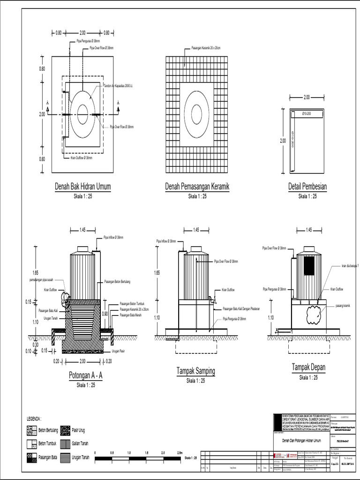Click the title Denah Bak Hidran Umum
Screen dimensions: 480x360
(x=82, y=187)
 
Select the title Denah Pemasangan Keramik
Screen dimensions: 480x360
(x=197, y=187)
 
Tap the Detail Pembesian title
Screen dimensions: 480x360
(x=307, y=187)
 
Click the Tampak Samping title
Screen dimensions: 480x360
(x=196, y=372)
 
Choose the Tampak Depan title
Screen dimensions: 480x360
(x=308, y=367)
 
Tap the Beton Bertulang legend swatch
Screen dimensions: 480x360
(x=32, y=430)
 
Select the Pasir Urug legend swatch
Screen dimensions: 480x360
(x=65, y=430)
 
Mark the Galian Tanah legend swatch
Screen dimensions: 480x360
(x=65, y=443)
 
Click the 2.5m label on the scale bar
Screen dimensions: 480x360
(x=180, y=453)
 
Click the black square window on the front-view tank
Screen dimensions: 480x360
(x=308, y=266)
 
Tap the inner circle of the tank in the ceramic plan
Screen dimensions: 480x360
(x=197, y=114)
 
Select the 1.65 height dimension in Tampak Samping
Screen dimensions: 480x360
(x=157, y=272)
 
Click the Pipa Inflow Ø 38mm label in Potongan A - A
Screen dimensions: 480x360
(x=113, y=238)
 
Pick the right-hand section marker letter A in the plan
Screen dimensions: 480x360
(x=118, y=102)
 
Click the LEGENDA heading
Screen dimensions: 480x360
(x=34, y=419)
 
